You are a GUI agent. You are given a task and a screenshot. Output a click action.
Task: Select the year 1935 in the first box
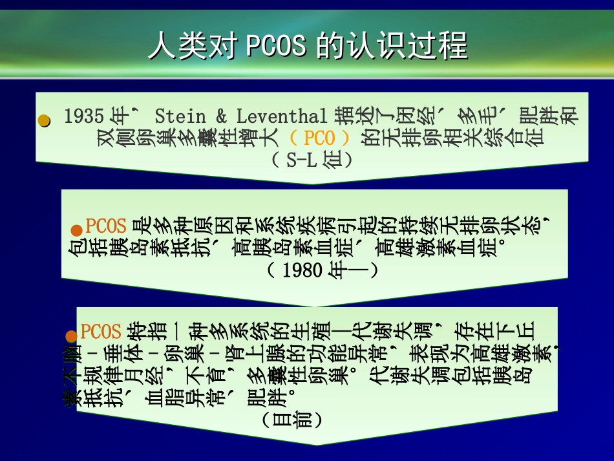[x=84, y=116]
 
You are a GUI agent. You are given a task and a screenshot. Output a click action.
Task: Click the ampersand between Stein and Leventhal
[x=221, y=116]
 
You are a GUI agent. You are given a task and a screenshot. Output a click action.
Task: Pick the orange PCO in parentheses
[x=319, y=138]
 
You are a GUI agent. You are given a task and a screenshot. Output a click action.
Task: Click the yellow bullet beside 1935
[x=44, y=120]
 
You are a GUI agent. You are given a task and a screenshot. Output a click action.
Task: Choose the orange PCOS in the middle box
[x=106, y=226]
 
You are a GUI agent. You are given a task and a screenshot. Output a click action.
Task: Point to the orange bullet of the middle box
[x=76, y=230]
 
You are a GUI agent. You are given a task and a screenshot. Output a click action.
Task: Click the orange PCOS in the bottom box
[x=101, y=332]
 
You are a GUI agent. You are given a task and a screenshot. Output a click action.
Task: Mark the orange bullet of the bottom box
[x=71, y=336]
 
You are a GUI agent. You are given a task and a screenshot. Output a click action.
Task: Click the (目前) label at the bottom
[x=290, y=418]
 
